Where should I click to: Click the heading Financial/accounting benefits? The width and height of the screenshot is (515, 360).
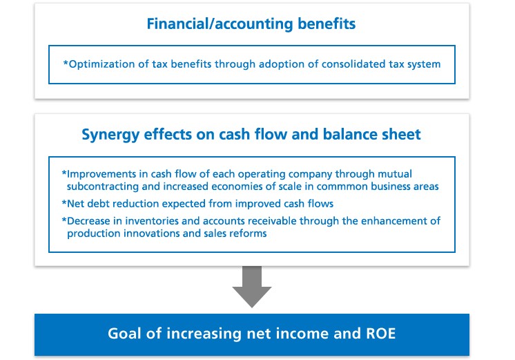[x=251, y=24]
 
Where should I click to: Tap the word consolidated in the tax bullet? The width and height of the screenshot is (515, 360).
[x=353, y=64]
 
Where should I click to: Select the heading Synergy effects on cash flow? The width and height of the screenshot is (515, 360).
[x=251, y=135]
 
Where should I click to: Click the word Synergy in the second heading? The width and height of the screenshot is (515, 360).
[x=110, y=135]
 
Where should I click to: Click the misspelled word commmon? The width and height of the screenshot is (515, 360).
[x=342, y=187]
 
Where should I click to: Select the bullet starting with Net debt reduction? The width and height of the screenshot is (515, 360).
[x=197, y=204]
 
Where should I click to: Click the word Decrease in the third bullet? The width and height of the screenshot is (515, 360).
[x=88, y=221]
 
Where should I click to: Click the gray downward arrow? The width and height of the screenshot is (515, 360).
[x=252, y=287]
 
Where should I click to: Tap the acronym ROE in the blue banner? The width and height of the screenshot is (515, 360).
[x=380, y=333]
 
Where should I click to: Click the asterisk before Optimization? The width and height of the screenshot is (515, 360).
[x=66, y=62]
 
